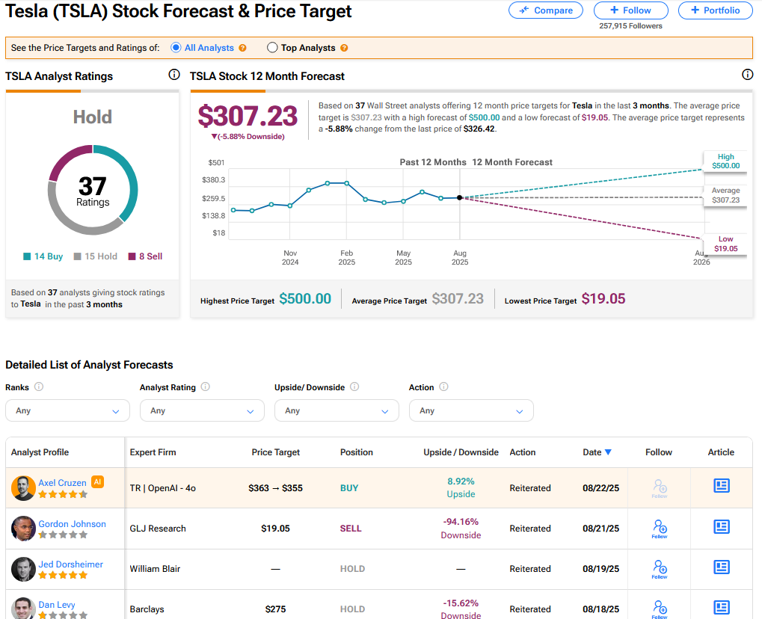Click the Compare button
546,10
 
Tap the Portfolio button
716,10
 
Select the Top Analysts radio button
272,48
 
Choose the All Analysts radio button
176,48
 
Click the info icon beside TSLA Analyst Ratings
174,74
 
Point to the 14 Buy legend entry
43,256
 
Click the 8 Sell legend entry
145,256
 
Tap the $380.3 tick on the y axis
214,179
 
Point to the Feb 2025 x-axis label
346,257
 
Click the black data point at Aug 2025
460,198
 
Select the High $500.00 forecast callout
725,161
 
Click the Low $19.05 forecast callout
725,244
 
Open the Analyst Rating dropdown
202,410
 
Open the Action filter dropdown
471,410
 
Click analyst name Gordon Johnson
72,524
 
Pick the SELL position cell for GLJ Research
351,529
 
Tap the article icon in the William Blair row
722,567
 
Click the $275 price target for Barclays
275,609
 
